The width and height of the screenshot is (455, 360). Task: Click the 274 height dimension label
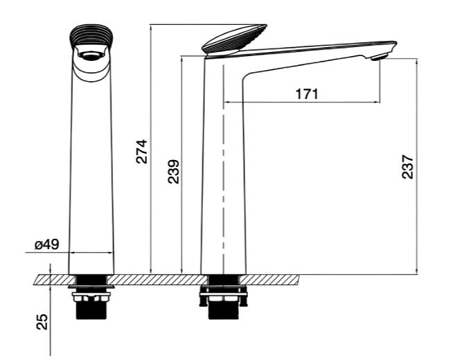(x=142, y=152)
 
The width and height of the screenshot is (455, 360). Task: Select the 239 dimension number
(x=174, y=172)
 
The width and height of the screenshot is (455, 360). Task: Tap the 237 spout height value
(x=407, y=167)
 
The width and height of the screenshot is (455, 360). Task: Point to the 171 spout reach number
(x=307, y=94)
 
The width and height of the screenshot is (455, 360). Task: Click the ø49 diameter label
(x=46, y=244)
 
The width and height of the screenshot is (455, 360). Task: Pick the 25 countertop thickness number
(x=42, y=321)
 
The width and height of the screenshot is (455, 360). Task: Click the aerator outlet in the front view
(x=91, y=55)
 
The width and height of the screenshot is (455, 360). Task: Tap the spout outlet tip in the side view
(x=380, y=57)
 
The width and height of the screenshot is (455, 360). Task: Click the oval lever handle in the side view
(x=235, y=39)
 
